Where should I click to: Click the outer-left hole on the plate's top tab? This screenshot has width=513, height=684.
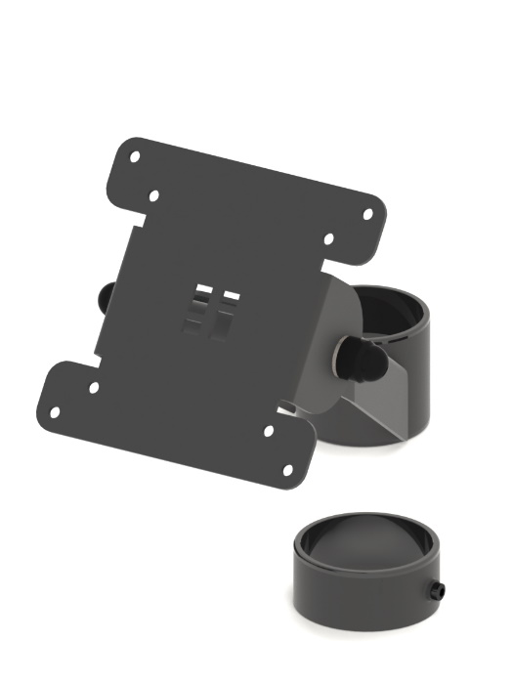point(136,156)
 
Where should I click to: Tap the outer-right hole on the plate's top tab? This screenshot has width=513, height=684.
point(368,213)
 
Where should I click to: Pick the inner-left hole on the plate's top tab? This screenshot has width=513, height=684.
point(154,195)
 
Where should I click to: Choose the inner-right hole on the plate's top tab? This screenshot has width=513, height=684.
point(328,237)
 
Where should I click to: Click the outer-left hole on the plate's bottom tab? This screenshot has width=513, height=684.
point(55,412)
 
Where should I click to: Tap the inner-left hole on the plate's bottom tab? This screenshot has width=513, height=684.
point(94,387)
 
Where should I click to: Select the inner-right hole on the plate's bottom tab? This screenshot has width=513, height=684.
point(269,430)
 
